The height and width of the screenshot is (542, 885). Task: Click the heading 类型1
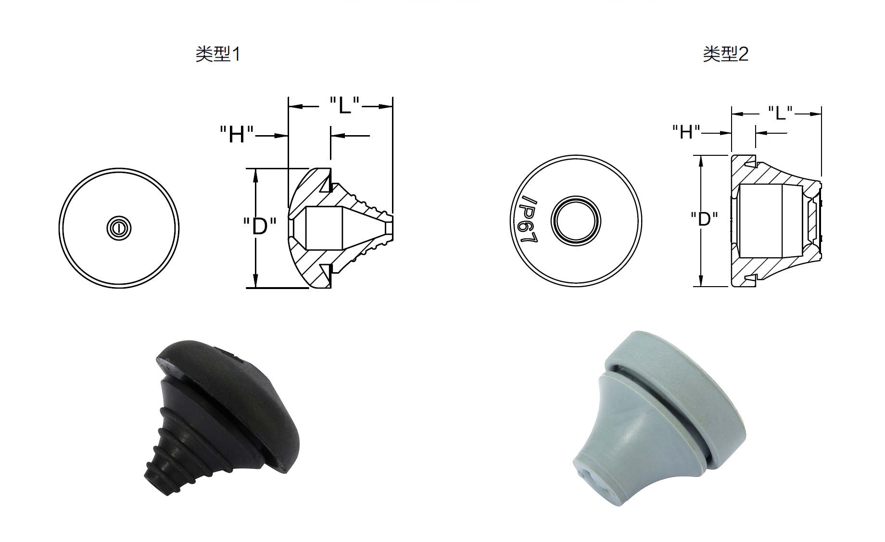point(217,53)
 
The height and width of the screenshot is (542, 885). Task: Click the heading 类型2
point(725,53)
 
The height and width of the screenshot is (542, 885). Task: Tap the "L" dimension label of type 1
point(344,105)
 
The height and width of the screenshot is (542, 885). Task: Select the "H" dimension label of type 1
point(237,134)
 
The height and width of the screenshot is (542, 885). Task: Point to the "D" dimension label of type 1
point(260,226)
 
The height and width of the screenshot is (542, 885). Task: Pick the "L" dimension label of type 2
point(780,113)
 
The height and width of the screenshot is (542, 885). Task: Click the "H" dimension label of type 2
point(686,131)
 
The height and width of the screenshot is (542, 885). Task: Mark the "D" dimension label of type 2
point(704,219)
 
